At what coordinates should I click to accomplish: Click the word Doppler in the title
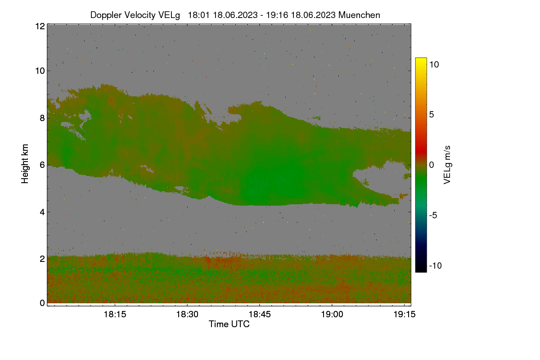(x=106, y=15)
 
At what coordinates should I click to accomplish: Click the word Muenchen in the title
(x=359, y=15)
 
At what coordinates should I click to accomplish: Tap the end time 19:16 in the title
(x=277, y=15)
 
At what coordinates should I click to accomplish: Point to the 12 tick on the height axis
(x=40, y=26)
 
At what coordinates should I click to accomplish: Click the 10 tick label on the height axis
(x=40, y=71)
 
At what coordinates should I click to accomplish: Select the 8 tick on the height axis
(x=42, y=118)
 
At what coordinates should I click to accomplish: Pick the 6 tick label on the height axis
(x=42, y=165)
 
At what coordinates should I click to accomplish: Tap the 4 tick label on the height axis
(x=42, y=212)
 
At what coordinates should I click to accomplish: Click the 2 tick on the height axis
(x=42, y=259)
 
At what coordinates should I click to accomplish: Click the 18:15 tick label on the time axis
(x=115, y=315)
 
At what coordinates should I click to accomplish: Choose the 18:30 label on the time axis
(x=187, y=315)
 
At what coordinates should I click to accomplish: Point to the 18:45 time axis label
(x=260, y=315)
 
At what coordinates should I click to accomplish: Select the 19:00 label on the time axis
(x=332, y=315)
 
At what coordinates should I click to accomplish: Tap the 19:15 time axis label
(x=405, y=315)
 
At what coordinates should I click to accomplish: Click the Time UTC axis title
(x=229, y=324)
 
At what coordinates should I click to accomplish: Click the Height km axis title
(x=25, y=164)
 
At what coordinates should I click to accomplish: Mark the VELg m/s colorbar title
(x=447, y=165)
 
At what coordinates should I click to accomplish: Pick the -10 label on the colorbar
(x=436, y=265)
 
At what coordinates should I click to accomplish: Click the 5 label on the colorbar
(x=432, y=115)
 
